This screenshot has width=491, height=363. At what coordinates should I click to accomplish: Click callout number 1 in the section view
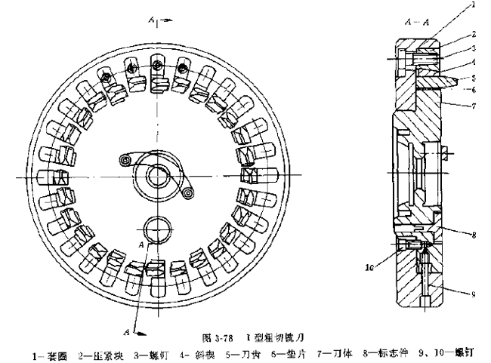[x=474, y=5]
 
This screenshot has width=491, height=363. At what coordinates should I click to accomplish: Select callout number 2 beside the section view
[x=474, y=33]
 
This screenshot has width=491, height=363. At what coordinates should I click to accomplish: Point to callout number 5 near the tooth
[x=474, y=77]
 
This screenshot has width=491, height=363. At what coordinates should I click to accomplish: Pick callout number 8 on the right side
[x=474, y=235]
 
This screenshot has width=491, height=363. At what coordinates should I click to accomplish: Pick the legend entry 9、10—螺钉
[x=447, y=349]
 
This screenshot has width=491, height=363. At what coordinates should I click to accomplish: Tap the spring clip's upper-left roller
[x=123, y=159]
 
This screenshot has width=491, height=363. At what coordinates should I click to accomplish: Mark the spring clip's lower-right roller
[x=187, y=195]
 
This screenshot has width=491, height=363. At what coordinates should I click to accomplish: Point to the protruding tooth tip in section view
[x=451, y=77]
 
